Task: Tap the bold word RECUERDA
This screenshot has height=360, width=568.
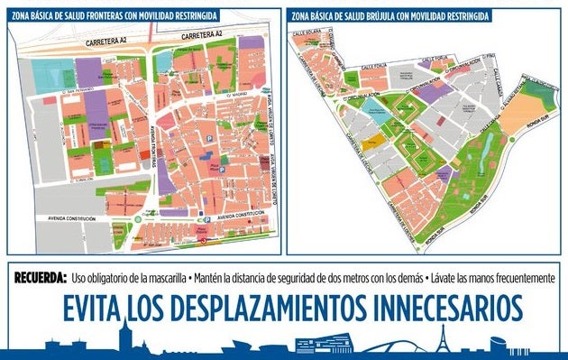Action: click(x=41, y=278)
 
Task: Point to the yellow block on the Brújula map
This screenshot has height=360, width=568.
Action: click(x=374, y=143)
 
